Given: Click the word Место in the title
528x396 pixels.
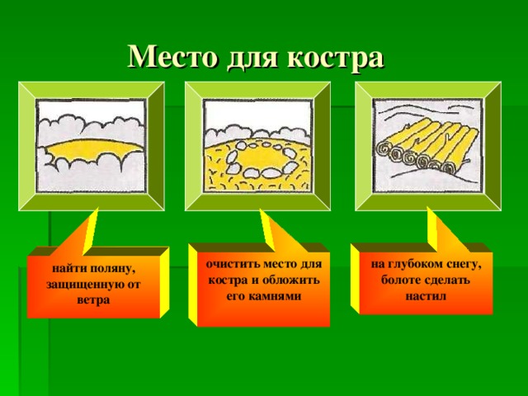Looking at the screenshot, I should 170,57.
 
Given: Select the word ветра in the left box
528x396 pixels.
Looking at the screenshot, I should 92,299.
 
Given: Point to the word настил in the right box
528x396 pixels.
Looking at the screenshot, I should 426,295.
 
